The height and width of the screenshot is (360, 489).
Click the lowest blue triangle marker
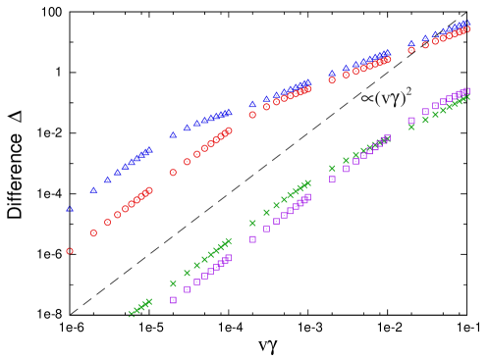tap(70, 208)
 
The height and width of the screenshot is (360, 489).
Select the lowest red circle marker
tap(70, 251)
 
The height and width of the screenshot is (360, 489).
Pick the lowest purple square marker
tap(173, 300)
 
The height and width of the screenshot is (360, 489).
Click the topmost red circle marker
tap(467, 29)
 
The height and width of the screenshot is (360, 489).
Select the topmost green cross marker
tap(467, 97)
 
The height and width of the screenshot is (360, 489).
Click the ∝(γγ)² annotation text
tap(386, 98)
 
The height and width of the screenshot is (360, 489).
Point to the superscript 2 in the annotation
tap(408, 91)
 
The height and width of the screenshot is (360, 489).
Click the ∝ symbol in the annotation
tap(366, 99)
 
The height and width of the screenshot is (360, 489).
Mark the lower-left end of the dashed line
tap(72, 313)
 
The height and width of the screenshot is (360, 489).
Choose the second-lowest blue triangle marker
tap(93, 190)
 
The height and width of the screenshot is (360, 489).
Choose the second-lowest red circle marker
tap(93, 233)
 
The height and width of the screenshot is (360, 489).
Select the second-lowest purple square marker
tap(187, 289)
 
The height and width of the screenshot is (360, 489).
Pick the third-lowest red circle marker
tap(107, 223)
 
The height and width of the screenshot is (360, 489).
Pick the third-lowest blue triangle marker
tap(107, 180)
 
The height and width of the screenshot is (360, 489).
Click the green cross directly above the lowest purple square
tap(173, 283)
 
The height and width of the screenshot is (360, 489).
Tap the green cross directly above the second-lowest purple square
tap(187, 273)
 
